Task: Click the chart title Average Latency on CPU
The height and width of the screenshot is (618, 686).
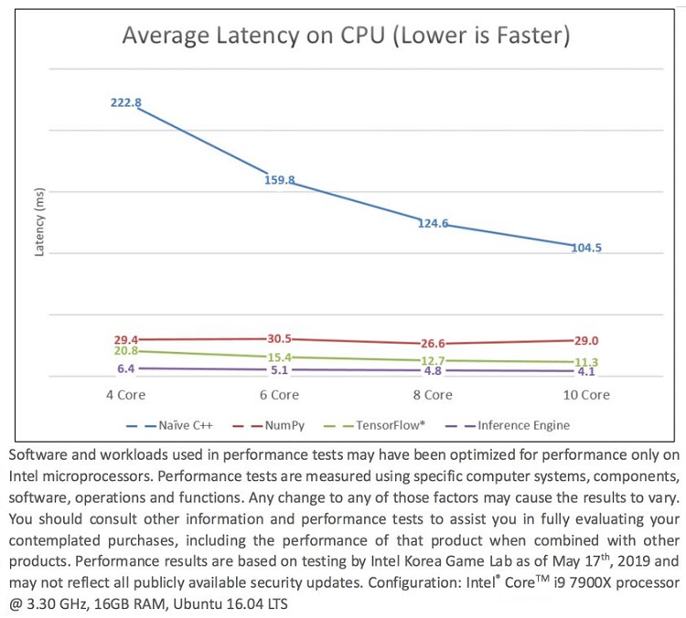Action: coord(347,36)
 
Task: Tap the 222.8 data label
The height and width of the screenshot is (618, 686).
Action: coord(125,102)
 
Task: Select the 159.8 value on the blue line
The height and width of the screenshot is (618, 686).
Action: coord(279,180)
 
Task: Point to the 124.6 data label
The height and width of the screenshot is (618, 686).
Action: coord(433,223)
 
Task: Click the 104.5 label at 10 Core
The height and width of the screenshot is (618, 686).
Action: coord(586,248)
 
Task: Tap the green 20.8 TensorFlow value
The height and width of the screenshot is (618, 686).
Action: coord(126,351)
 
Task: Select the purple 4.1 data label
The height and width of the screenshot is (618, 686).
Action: coord(586,372)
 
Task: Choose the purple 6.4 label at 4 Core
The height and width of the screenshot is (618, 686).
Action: coord(126,368)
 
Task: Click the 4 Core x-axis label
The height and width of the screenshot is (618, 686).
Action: coord(126,395)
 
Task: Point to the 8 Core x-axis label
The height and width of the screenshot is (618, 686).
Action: coord(433,395)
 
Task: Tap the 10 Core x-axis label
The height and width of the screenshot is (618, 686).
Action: coord(584,395)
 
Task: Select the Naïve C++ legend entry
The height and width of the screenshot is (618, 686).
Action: coord(183,424)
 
